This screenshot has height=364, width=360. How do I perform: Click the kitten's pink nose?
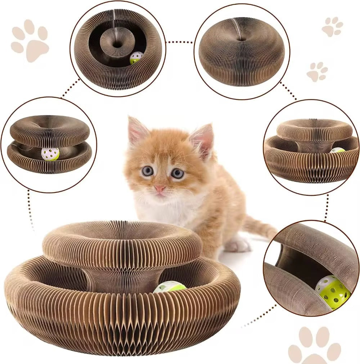[x=160, y=189]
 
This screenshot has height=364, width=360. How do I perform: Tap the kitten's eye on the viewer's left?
[x=147, y=171]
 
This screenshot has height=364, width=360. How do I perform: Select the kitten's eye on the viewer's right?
[x=177, y=174]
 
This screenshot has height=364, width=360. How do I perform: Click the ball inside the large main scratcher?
[x=170, y=287]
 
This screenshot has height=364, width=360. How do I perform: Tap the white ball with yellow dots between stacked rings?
[x=50, y=154]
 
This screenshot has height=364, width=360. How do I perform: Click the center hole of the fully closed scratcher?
[x=242, y=38]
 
